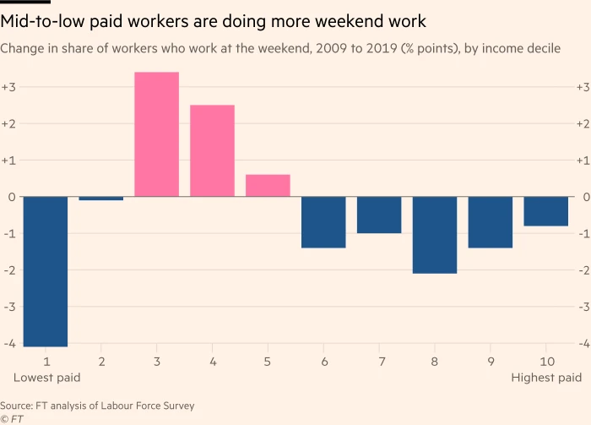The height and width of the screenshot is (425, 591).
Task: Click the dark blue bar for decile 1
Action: point(46,271)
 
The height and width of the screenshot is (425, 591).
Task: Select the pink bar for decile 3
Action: point(157,134)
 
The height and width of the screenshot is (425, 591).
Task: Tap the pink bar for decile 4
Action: point(213,150)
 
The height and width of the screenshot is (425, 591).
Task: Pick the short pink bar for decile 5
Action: point(268,185)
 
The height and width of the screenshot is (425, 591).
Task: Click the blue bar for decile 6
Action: point(323,222)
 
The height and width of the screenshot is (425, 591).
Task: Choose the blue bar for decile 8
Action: point(435,235)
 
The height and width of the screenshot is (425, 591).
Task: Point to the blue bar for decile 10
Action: point(545,211)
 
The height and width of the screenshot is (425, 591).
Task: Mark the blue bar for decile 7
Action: point(379,215)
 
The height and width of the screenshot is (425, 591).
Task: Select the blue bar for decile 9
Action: point(491,222)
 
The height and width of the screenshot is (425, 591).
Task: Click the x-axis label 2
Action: point(101,362)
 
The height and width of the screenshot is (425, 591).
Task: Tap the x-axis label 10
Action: point(545,362)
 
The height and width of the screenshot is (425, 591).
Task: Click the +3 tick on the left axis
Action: point(8,87)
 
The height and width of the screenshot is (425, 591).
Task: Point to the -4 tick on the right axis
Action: point(581,344)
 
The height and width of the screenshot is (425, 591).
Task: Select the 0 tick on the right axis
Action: point(583,197)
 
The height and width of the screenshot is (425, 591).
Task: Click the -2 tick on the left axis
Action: point(8,270)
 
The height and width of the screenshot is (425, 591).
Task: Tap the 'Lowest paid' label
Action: point(47,378)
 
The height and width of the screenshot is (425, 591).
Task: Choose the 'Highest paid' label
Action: point(546,378)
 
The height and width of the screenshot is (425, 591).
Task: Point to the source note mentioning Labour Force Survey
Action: point(97,406)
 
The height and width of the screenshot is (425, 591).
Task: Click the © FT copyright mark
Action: point(11,418)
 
